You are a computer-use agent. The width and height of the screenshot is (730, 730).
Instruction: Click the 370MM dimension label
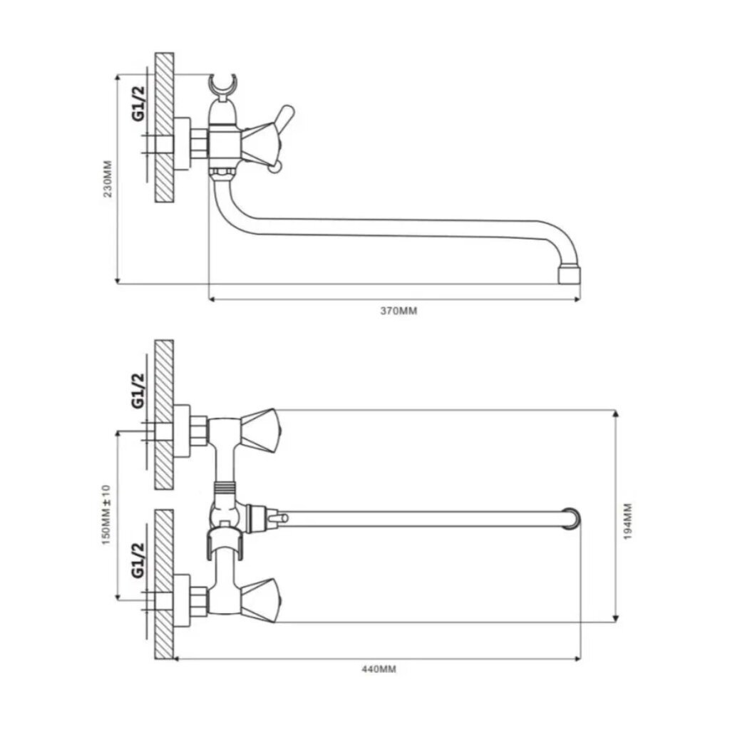[x=399, y=311]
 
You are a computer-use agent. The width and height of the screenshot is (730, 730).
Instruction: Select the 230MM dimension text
[x=108, y=179]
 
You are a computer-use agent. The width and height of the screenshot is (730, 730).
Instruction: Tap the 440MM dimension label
[x=379, y=669]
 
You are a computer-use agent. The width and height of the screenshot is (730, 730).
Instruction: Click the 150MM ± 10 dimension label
[x=106, y=515]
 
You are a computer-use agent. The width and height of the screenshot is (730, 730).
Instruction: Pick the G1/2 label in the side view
[x=138, y=103]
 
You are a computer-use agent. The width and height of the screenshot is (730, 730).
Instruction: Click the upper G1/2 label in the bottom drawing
[x=138, y=391]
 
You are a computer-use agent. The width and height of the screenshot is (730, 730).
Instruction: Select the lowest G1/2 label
[x=138, y=560]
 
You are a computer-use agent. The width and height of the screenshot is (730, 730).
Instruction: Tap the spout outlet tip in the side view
[x=570, y=274]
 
